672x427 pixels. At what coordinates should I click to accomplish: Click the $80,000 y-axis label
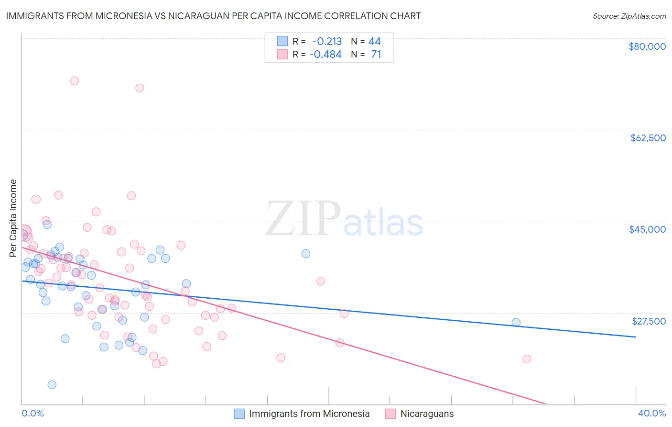pos(647,46)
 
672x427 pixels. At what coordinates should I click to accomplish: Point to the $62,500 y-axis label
pos(648,138)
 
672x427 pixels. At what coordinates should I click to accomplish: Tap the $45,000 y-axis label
pos(647,229)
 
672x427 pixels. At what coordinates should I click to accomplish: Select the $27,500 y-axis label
pos(649,321)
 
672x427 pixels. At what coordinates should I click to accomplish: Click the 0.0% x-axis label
pos(33,413)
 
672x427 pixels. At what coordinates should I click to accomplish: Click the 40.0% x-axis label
pos(652,413)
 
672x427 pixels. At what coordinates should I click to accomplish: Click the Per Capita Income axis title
pos(13,218)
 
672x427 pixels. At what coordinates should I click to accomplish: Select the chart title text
pos(213,16)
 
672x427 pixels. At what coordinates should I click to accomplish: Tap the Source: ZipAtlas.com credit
pos(629,16)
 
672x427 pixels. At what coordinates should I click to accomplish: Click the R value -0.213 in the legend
pos(327,41)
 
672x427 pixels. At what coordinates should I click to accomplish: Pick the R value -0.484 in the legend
pos(325,54)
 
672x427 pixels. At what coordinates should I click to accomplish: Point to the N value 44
pos(375,41)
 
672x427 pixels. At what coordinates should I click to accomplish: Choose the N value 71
pos(376,54)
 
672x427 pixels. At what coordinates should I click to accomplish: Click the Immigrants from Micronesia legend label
pos(309,414)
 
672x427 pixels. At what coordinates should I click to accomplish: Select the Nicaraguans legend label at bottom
pos(427,414)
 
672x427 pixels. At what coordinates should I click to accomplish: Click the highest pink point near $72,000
pos(75,80)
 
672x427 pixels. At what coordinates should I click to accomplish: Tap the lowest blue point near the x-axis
pos(52,384)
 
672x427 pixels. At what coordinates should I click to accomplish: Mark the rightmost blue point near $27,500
pos(516,322)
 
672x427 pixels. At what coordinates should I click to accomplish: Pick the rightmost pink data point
pos(527,359)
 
